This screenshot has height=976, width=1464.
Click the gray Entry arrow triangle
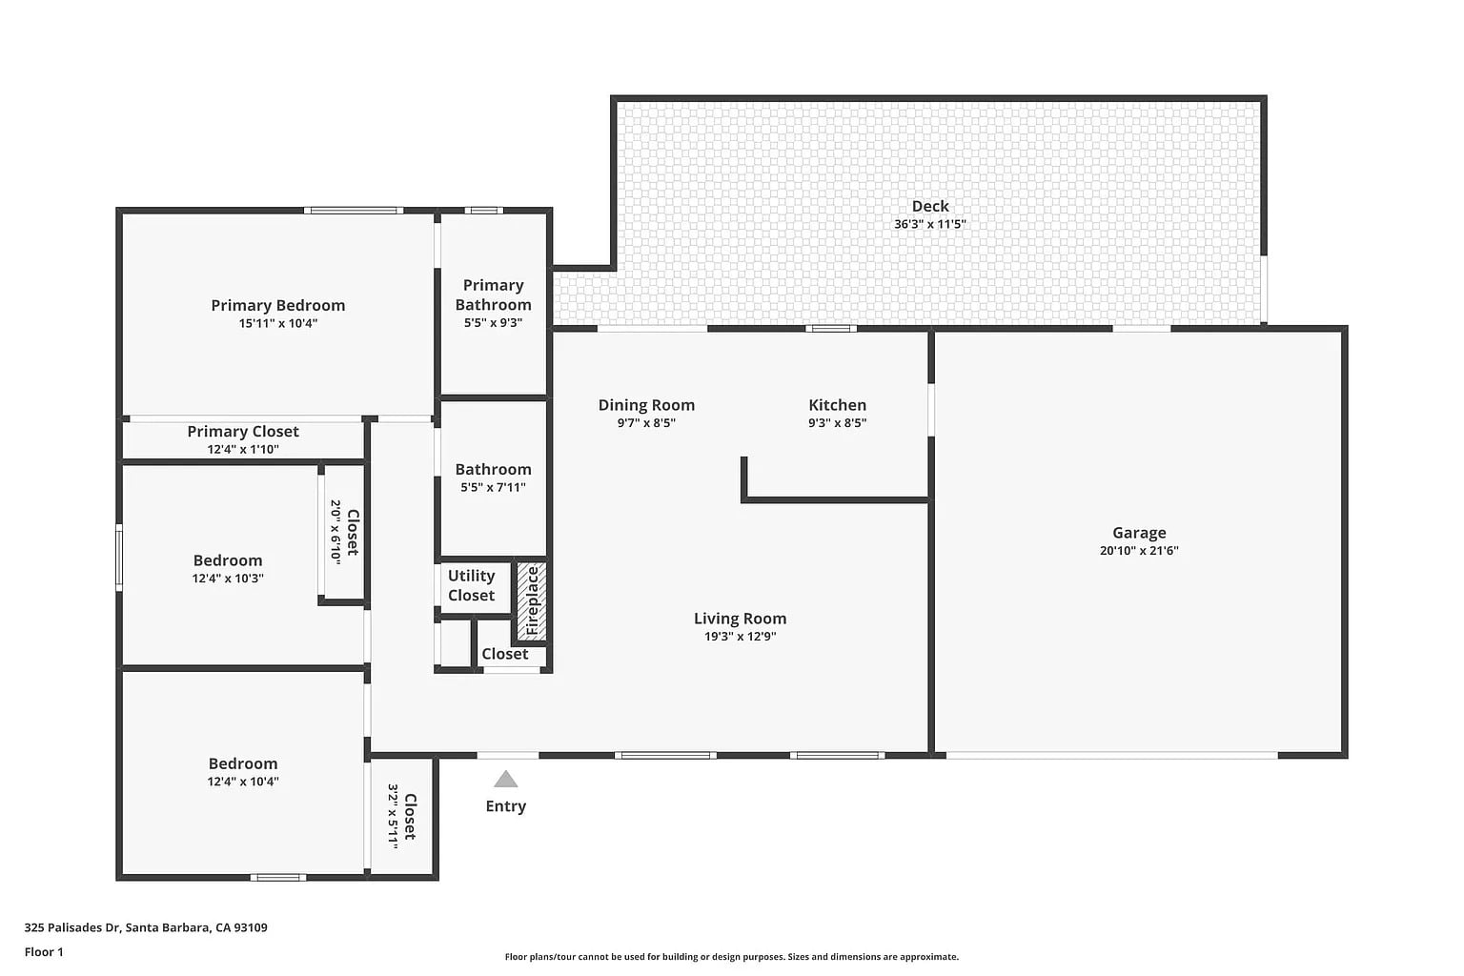coord(506,780)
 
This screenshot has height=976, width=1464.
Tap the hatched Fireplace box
coord(532,600)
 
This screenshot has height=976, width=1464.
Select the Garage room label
coord(1139,533)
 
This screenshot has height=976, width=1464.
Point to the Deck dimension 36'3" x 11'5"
coord(930,224)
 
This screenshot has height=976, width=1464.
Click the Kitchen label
coord(837,405)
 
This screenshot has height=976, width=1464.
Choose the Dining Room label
coord(646,405)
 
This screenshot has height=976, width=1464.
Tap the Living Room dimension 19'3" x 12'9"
coord(740,636)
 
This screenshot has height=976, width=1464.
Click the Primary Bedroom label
coord(277,305)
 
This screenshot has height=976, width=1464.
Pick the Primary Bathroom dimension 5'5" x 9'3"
coord(493,322)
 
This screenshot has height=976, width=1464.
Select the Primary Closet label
coord(243,432)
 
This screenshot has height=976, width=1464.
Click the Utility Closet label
coord(471,585)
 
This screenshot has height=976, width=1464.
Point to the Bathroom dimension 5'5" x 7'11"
coord(493,487)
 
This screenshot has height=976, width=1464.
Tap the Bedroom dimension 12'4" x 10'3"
coord(228,579)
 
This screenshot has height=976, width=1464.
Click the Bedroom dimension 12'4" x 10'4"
coord(243,782)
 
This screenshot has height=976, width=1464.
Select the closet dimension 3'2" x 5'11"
coord(393,817)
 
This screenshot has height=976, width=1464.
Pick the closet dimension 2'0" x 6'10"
coord(335,532)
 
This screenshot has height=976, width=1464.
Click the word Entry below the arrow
coord(506,806)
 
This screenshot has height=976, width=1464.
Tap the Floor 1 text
coord(44,952)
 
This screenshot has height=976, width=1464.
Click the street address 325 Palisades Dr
coord(71,927)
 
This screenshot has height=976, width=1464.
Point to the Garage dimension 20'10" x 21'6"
coord(1139,551)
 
